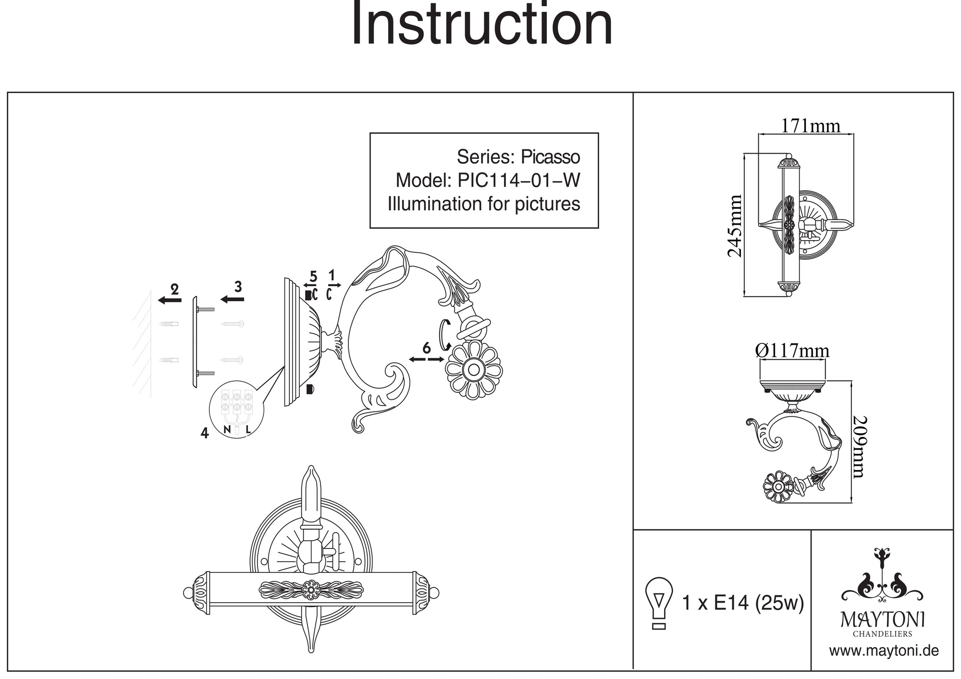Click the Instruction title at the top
click(482, 25)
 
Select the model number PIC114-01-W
click(518, 181)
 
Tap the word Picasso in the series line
click(550, 157)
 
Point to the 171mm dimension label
click(810, 126)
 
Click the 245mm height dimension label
click(735, 226)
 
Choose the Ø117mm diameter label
click(792, 351)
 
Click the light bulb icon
click(659, 603)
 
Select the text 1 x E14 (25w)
click(743, 603)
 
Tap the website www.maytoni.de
click(884, 651)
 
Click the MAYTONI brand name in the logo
click(882, 619)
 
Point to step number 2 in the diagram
click(175, 289)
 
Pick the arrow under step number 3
click(232, 300)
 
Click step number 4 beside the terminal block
click(205, 433)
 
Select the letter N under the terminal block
click(227, 429)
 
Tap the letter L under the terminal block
click(248, 429)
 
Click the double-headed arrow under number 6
click(426, 359)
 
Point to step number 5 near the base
click(313, 277)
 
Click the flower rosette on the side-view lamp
click(474, 370)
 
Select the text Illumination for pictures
click(484, 204)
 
